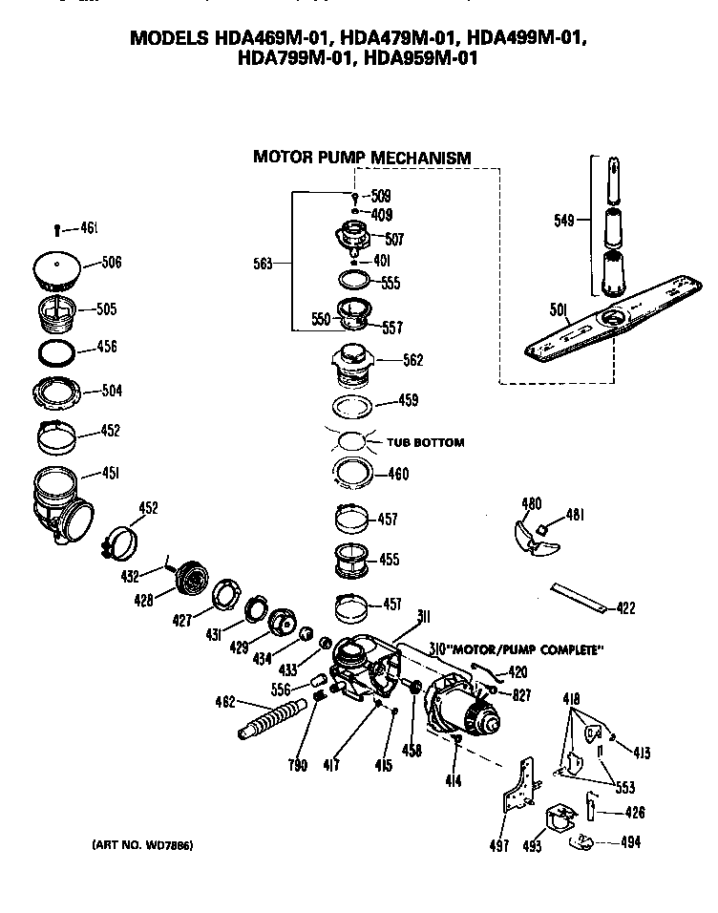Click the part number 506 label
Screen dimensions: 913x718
[112, 263]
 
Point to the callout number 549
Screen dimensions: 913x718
[563, 221]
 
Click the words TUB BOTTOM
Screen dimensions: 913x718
[425, 442]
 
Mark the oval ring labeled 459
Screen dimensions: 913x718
[355, 404]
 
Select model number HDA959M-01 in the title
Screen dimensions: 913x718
[422, 58]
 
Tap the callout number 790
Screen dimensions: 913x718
[299, 765]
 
